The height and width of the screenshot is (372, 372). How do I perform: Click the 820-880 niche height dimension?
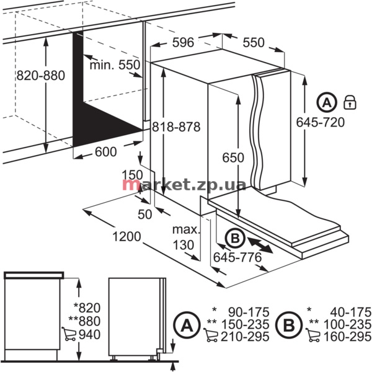click(x=40, y=76)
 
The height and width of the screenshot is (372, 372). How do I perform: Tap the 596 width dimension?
click(x=183, y=42)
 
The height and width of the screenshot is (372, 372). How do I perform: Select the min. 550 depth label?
click(x=115, y=64)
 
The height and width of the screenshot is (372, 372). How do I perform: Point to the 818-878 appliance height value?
click(x=176, y=126)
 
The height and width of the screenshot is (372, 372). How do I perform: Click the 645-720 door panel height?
click(x=321, y=122)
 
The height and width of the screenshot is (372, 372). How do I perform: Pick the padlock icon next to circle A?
click(x=350, y=102)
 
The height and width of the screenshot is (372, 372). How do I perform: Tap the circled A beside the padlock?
click(x=327, y=103)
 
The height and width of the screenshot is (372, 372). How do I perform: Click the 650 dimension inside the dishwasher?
click(x=233, y=157)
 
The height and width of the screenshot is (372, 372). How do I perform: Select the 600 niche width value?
click(x=106, y=152)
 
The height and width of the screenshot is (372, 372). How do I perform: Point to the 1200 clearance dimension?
click(x=126, y=237)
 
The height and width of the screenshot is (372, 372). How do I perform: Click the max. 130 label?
click(x=186, y=237)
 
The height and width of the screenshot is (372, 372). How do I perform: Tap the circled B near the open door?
click(x=235, y=238)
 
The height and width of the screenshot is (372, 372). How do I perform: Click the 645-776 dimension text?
click(x=237, y=257)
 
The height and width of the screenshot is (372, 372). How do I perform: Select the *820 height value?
click(x=87, y=308)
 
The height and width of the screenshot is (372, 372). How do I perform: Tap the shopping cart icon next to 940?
click(x=69, y=334)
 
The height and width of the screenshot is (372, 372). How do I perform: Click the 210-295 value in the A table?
click(x=245, y=337)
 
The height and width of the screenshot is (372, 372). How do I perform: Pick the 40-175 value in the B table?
click(x=351, y=312)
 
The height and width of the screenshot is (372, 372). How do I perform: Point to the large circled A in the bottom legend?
click(x=187, y=325)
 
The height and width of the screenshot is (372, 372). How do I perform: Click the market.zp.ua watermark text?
click(x=184, y=184)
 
